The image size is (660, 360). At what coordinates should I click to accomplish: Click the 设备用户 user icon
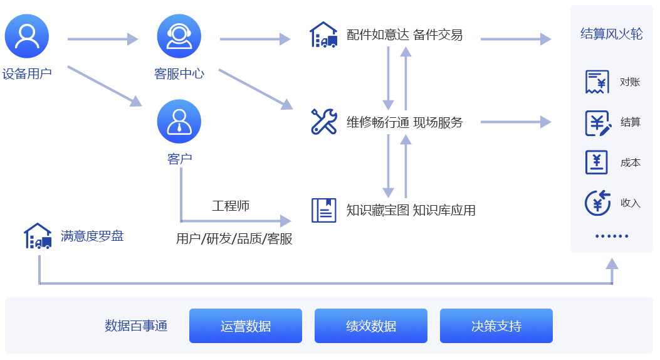click(x=26, y=36)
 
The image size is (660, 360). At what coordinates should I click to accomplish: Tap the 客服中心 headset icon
click(x=179, y=36)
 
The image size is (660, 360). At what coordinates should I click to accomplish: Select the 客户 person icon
click(x=179, y=121)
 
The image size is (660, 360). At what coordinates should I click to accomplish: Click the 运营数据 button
click(x=246, y=326)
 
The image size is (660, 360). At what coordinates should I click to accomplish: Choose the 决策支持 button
click(x=496, y=326)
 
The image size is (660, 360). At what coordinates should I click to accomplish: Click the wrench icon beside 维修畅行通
click(x=324, y=122)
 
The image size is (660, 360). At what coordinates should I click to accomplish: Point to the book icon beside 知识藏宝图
click(x=324, y=210)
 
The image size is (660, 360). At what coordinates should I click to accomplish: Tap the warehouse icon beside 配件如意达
click(x=323, y=35)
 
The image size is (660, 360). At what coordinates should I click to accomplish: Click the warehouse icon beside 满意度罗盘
click(x=38, y=236)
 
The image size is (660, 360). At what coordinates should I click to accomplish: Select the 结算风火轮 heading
click(x=612, y=34)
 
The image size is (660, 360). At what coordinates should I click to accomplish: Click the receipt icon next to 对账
click(x=597, y=82)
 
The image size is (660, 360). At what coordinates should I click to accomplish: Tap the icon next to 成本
click(x=597, y=162)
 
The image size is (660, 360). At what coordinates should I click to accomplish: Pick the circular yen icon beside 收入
click(x=597, y=203)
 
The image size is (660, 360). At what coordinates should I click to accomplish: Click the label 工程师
click(x=231, y=206)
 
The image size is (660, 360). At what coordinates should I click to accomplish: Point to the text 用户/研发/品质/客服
click(x=234, y=239)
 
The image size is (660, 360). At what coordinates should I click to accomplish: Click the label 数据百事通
click(x=136, y=326)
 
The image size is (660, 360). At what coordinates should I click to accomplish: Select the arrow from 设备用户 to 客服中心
click(x=102, y=40)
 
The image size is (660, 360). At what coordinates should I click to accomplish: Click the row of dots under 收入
click(x=611, y=236)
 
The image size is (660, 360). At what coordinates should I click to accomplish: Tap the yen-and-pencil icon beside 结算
click(x=598, y=123)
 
